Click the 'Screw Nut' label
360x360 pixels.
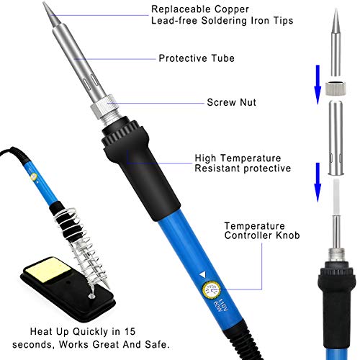tap(231, 102)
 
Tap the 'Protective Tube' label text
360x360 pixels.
tap(197, 58)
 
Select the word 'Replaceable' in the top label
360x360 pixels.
tap(181, 9)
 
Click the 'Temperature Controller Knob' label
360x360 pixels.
tap(262, 230)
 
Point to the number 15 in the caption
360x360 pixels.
tap(130, 331)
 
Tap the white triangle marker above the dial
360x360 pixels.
tap(203, 275)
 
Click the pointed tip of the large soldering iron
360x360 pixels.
tap(44, 2)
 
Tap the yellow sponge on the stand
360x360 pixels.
tap(48, 269)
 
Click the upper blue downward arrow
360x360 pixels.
tap(318, 84)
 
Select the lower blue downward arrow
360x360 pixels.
tap(318, 182)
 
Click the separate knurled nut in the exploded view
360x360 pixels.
tap(336, 88)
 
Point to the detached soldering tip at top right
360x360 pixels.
tap(336, 42)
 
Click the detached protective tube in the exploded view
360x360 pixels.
tap(336, 138)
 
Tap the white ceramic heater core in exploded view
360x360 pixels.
tap(336, 197)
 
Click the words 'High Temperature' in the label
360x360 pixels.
tap(238, 158)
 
